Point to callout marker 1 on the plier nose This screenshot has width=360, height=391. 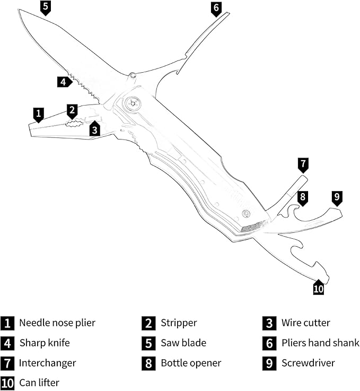click(38, 114)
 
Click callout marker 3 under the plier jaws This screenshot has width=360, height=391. click(94, 128)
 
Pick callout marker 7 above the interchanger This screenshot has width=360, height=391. click(303, 164)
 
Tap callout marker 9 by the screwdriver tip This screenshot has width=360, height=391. click(337, 197)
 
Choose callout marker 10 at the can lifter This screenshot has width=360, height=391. click(318, 288)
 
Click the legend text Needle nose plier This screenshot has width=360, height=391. click(57, 323)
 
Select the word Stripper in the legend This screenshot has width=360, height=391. click(179, 323)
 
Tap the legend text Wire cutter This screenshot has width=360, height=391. click(305, 323)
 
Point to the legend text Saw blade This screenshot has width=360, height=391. click(183, 343)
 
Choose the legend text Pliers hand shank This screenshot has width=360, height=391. click(320, 343)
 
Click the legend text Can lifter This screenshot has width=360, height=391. click(39, 383)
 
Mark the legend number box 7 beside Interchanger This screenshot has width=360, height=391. click(7, 363)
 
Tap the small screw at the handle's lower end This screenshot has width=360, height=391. click(246, 214)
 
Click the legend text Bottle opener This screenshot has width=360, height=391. click(191, 363)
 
